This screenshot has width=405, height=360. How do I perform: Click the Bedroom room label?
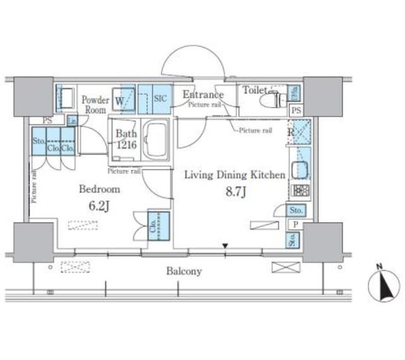(x=99, y=189)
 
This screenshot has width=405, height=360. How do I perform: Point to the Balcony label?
(x=184, y=271)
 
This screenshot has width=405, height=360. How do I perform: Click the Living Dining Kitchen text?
(x=234, y=175)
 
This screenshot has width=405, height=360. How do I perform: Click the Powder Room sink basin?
(x=65, y=98)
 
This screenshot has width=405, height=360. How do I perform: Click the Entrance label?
(x=203, y=96)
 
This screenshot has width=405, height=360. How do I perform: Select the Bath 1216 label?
(x=125, y=140)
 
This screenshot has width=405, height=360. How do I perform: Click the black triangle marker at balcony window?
(x=225, y=247)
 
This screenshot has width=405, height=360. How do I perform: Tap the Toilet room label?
(x=254, y=90)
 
